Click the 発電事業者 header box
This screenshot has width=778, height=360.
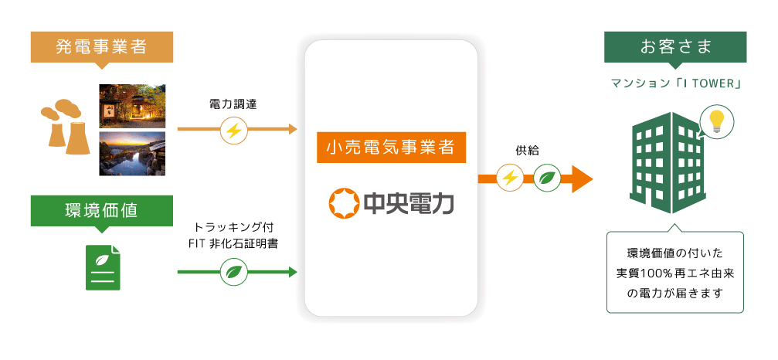(100, 46)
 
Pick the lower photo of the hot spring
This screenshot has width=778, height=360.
(132, 153)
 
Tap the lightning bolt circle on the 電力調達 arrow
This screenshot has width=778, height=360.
(234, 130)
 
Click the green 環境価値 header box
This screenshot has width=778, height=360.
(100, 209)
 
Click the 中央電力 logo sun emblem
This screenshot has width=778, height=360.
(342, 202)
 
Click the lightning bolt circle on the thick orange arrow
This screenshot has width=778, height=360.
(510, 178)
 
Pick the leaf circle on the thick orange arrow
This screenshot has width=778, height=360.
(547, 178)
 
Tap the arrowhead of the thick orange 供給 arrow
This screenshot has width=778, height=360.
(581, 178)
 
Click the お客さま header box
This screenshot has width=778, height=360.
(675, 46)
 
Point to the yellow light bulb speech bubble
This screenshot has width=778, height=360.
(715, 122)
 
